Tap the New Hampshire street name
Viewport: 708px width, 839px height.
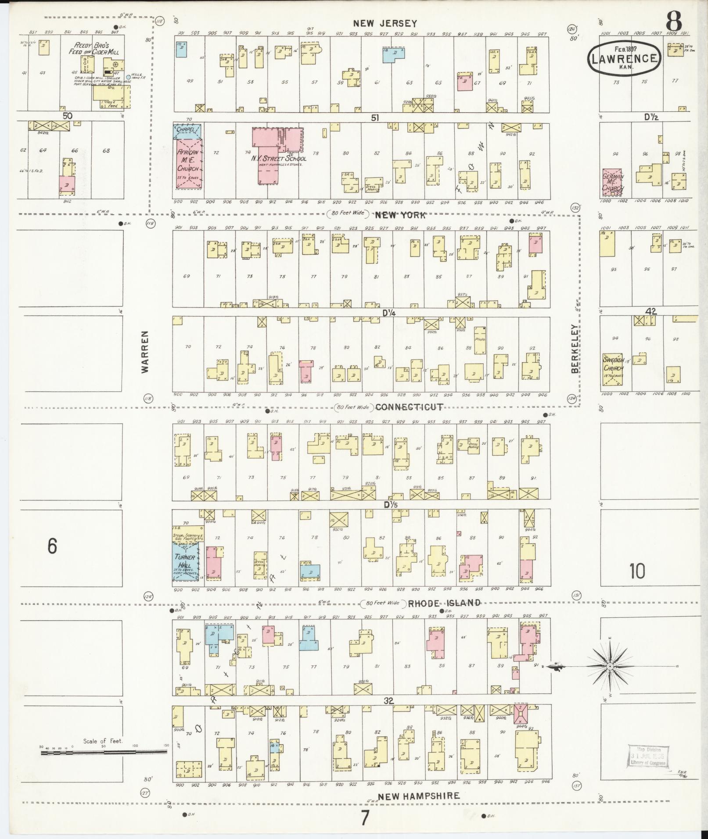click(x=419, y=796)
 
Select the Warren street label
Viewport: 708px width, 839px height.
click(x=145, y=352)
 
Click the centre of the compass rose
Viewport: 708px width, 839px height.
click(x=610, y=679)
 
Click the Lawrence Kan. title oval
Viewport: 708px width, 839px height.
click(x=624, y=59)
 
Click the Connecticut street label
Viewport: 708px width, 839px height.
click(x=409, y=407)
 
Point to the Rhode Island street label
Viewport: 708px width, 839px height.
click(x=444, y=603)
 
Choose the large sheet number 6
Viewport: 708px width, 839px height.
click(x=52, y=546)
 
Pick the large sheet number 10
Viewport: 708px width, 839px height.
click(x=637, y=571)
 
